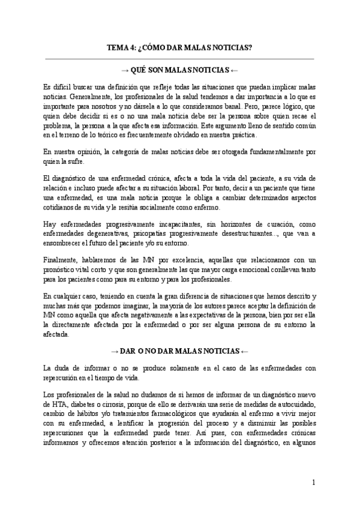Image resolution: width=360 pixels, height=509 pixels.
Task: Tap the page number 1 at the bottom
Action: tap(313, 482)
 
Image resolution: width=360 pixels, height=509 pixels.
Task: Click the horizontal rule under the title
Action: tap(179, 59)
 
